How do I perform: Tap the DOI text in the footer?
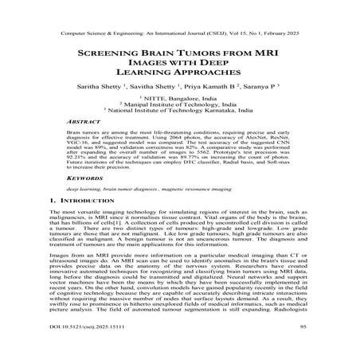point(84,348)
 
